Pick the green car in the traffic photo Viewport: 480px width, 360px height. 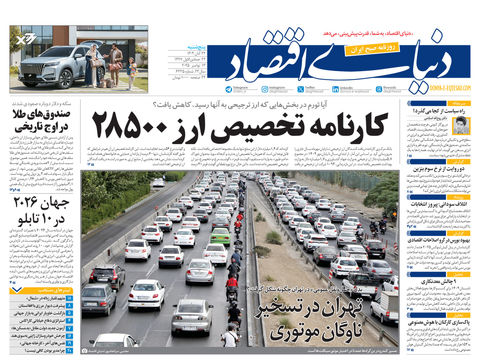(x=220, y=237)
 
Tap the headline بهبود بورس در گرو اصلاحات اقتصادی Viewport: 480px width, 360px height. (x=437, y=241)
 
